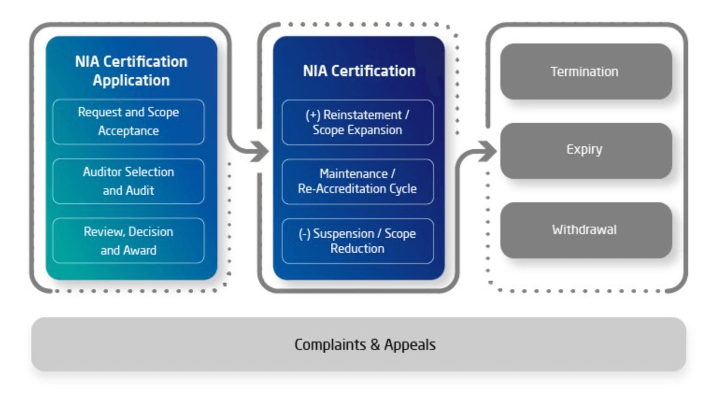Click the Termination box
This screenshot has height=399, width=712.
point(585,71)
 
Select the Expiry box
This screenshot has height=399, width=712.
point(585,150)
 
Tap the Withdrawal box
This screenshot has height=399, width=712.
point(585,230)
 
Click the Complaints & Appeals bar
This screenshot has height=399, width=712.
point(358,344)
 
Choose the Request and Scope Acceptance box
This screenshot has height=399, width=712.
point(128,121)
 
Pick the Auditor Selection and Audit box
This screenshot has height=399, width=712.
point(128,181)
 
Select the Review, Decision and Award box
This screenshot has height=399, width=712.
point(128,241)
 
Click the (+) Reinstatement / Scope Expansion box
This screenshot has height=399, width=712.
point(357,122)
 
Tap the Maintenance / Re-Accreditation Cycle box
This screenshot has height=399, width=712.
point(357,181)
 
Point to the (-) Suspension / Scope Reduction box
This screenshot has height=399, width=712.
point(357,241)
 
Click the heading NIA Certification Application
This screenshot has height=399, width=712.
point(131,71)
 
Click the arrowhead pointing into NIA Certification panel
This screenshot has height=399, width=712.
point(260,151)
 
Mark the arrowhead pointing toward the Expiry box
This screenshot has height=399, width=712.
point(488,151)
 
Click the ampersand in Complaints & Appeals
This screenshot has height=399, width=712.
point(375,345)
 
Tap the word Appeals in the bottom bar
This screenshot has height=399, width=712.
point(410,345)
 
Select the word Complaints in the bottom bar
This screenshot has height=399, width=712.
point(330,345)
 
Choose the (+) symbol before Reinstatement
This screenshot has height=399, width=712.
point(313,115)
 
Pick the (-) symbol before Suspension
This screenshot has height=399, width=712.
point(304,234)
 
